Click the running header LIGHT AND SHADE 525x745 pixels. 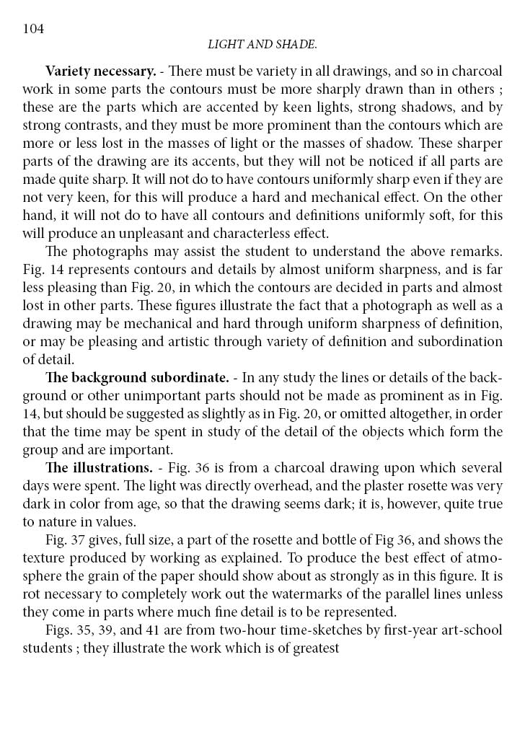(x=262, y=45)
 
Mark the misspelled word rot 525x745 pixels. (x=31, y=594)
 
